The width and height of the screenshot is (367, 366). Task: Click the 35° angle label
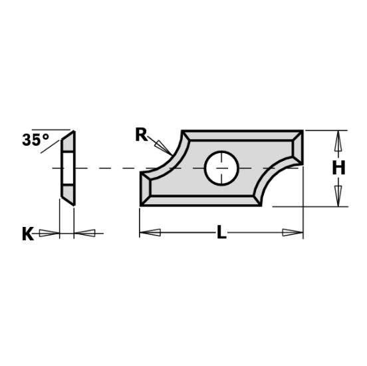click(x=35, y=140)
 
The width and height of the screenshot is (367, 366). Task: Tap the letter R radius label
click(x=141, y=134)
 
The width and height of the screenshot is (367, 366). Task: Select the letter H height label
click(x=338, y=169)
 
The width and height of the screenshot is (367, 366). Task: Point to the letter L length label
click(x=221, y=233)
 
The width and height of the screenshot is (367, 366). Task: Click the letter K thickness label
click(x=28, y=234)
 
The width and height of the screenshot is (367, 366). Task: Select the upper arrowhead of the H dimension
click(x=338, y=140)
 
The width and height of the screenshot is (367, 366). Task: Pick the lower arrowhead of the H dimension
click(x=338, y=197)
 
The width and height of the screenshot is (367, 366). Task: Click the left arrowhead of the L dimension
click(x=149, y=233)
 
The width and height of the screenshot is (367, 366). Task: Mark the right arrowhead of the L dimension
click(x=293, y=233)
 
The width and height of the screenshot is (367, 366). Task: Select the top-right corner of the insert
click(x=303, y=132)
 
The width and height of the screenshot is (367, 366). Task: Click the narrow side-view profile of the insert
click(x=68, y=168)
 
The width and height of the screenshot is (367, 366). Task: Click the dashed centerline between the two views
click(x=106, y=168)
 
